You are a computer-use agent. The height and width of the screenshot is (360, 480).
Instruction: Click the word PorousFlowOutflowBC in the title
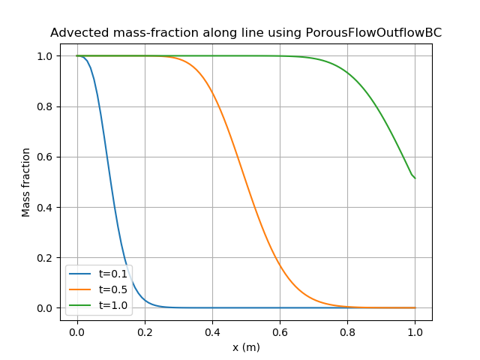pyautogui.click(x=373, y=33)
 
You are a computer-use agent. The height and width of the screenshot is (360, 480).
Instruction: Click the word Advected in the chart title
pyautogui.click(x=79, y=33)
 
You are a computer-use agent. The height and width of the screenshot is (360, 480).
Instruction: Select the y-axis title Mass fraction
pyautogui.click(x=26, y=182)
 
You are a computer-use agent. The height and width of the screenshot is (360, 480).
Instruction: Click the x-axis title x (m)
pyautogui.click(x=246, y=347)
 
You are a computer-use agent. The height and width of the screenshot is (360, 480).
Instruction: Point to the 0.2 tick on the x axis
pyautogui.click(x=145, y=331)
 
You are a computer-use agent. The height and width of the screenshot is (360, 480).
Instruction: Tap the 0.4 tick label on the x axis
pyautogui.click(x=212, y=331)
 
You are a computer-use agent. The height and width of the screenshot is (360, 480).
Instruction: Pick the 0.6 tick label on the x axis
pyautogui.click(x=280, y=331)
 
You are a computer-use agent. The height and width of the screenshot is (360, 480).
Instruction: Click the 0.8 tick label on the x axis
pyautogui.click(x=347, y=331)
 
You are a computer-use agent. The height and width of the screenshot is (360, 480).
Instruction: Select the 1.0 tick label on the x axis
pyautogui.click(x=415, y=331)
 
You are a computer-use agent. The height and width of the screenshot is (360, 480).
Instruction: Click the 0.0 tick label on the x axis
pyautogui.click(x=77, y=331)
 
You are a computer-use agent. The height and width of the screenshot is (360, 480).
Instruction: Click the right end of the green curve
pyautogui.click(x=415, y=178)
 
